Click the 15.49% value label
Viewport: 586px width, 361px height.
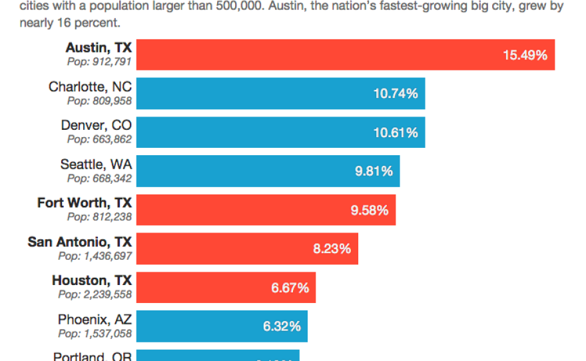pos(525,55)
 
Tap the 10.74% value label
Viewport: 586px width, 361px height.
pos(396,94)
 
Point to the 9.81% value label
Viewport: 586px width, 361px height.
pos(374,171)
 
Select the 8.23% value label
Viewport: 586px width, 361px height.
pos(332,249)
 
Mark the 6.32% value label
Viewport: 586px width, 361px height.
pos(282,326)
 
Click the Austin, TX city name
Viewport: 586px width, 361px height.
pos(99,48)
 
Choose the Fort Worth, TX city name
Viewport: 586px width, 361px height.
pos(85,202)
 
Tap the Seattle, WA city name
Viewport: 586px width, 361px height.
pos(96,164)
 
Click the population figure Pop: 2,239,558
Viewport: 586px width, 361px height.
pos(95,294)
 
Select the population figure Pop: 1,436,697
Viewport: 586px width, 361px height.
pos(95,256)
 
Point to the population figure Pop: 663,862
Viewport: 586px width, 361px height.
pos(99,140)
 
